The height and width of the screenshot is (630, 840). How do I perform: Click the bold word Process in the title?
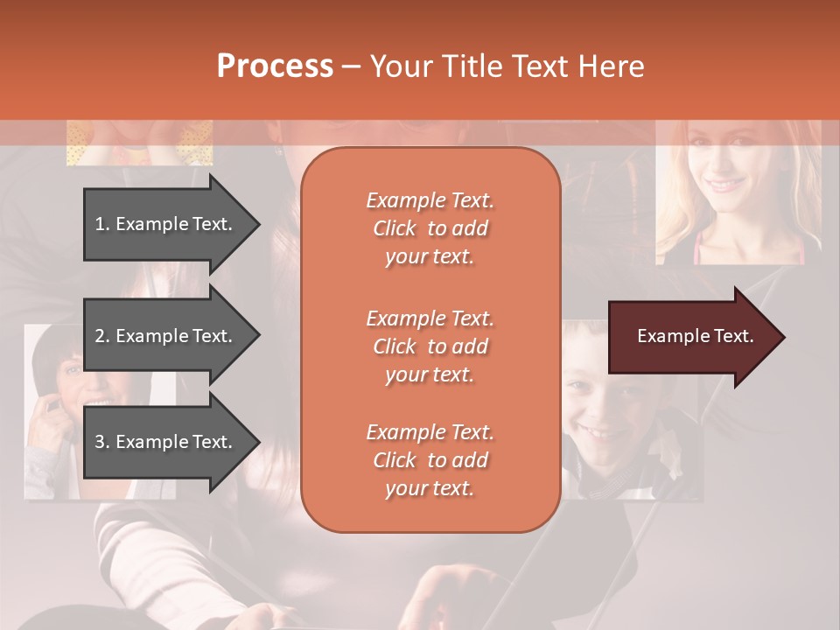tap(275, 66)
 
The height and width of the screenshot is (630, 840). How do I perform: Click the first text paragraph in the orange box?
tap(430, 228)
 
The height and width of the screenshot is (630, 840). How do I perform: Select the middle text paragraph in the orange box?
tap(430, 346)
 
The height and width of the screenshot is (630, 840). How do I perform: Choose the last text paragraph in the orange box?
tap(430, 460)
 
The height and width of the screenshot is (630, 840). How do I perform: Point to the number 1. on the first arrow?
tap(102, 224)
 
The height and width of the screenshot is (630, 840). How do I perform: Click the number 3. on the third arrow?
tap(102, 442)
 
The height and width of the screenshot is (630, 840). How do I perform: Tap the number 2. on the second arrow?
tap(102, 336)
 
